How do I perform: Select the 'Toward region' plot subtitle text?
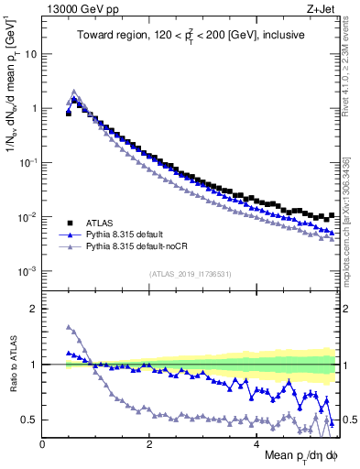point(190,36)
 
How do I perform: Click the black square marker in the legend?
point(69,223)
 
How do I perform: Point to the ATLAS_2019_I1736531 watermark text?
point(190,274)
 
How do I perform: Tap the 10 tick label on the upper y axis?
point(30,53)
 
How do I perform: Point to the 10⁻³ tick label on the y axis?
point(27,271)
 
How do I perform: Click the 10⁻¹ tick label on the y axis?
point(27,162)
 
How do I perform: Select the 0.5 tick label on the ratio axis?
point(27,420)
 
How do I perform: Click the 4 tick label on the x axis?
point(256,443)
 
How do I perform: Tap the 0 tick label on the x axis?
point(42,443)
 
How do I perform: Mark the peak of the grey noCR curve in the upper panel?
point(74,91)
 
